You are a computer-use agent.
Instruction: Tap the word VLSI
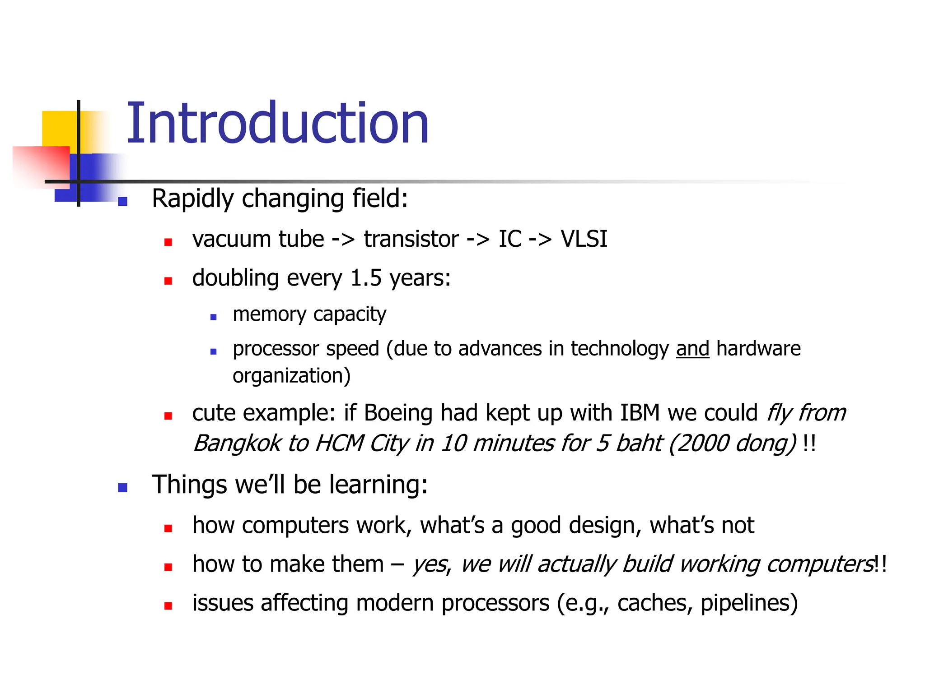[x=584, y=239]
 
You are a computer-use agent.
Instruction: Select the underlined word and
[x=692, y=349]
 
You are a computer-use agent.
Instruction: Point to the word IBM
[x=640, y=413]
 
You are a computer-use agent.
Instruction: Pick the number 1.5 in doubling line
[x=366, y=278]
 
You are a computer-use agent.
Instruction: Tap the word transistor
[x=411, y=239]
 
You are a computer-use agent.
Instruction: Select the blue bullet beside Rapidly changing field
[x=122, y=201]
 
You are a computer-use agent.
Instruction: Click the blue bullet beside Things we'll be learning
[x=122, y=488]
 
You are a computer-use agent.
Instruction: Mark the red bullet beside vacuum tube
[x=168, y=242]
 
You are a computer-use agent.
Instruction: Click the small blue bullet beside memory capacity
[x=214, y=317]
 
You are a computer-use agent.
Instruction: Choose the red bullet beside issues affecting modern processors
[x=168, y=606]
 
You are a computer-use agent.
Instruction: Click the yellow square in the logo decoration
[x=59, y=128]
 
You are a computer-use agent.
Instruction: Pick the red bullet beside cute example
[x=168, y=416]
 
